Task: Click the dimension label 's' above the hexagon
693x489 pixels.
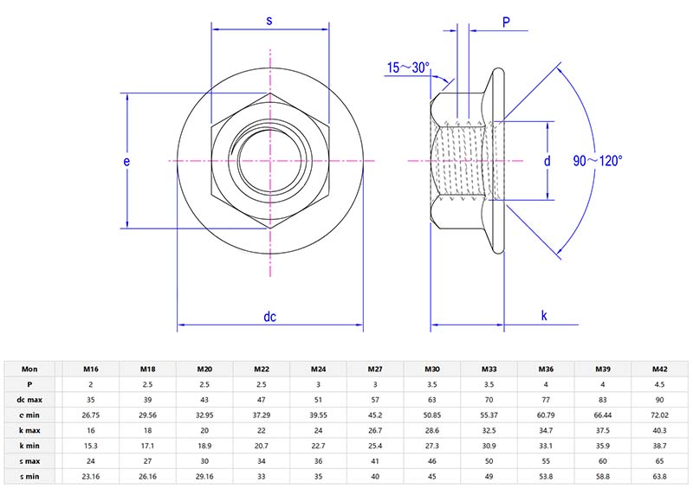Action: pos(269,19)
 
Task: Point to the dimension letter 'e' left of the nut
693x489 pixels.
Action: pos(126,162)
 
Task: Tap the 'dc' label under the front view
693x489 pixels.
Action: pos(269,317)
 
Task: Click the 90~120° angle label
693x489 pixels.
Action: pos(598,161)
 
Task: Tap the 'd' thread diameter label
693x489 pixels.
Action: pos(547,161)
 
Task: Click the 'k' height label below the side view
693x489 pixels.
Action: pos(544,317)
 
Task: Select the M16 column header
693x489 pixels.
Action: pos(90,368)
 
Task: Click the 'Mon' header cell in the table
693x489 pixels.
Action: pos(29,368)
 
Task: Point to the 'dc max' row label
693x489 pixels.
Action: pos(29,399)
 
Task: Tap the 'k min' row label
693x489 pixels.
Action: pos(29,446)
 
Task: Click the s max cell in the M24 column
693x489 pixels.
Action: pos(318,461)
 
